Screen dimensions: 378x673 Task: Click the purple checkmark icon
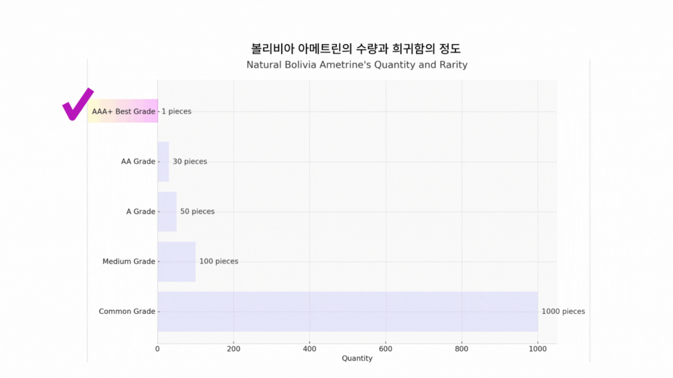77,105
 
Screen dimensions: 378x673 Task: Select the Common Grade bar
347,311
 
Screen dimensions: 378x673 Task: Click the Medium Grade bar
176,261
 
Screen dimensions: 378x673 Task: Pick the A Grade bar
167,211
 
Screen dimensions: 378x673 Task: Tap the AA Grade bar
163,161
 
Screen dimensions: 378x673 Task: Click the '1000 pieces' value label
563,311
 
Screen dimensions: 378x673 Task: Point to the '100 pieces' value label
219,261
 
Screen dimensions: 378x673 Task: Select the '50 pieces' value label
197,211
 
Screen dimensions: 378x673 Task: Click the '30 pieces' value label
190,161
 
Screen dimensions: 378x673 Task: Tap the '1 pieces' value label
176,111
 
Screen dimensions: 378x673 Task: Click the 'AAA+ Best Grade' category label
123,111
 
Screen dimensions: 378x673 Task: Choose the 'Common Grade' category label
127,311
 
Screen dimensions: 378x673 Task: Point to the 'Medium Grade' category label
129,261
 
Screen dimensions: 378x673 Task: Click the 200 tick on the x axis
233,349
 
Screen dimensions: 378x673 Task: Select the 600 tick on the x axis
386,349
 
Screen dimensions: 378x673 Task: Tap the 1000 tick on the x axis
538,349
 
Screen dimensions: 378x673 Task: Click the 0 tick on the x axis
157,349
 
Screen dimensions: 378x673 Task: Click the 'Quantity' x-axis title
357,358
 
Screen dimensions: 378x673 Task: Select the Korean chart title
356,49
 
